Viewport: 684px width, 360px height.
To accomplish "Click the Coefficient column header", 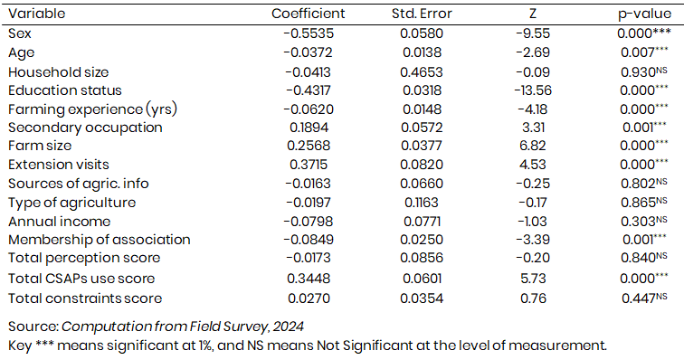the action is [308, 14].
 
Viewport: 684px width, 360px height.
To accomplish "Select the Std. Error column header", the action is [422, 14].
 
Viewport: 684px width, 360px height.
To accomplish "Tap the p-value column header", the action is [644, 14].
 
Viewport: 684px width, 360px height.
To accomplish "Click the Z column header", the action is [533, 14].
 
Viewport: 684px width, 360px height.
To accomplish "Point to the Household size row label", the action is [59, 72].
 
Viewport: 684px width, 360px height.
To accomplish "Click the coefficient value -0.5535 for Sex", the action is [309, 33].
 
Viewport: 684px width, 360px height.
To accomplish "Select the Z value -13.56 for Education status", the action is [533, 90].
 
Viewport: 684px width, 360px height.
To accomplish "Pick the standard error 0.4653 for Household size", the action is [422, 72].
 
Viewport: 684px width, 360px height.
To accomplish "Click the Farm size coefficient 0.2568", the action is [309, 146].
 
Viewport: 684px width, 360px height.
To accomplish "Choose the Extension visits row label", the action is [59, 165].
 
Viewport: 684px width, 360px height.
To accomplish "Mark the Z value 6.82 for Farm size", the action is [533, 146].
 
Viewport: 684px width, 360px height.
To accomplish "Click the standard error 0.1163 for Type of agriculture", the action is [422, 203].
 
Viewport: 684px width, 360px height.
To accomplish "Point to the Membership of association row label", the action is [99, 240].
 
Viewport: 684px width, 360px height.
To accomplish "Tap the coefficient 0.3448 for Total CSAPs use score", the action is [309, 279].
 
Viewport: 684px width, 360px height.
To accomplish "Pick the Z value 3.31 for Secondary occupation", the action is [533, 128].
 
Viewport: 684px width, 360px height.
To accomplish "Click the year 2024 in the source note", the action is [288, 327].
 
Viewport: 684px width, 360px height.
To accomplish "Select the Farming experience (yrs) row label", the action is [92, 109].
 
